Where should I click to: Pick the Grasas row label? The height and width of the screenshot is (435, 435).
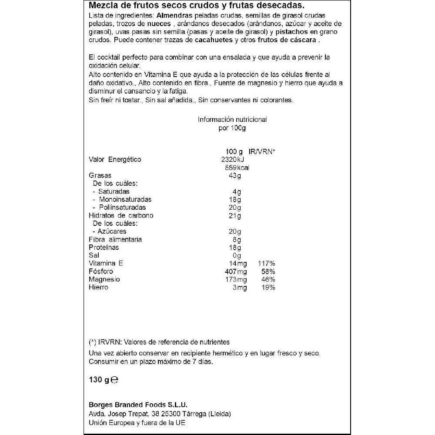pyautogui.click(x=100, y=175)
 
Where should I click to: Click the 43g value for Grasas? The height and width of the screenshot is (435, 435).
pyautogui.click(x=235, y=175)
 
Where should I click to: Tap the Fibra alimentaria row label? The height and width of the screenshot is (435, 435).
pyautogui.click(x=115, y=239)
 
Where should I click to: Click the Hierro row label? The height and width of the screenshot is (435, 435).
pyautogui.click(x=98, y=288)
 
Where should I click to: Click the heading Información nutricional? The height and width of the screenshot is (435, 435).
pyautogui.click(x=232, y=120)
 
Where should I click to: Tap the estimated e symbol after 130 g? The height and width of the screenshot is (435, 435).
pyautogui.click(x=114, y=380)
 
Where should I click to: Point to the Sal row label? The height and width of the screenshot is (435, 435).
pyautogui.click(x=94, y=255)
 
